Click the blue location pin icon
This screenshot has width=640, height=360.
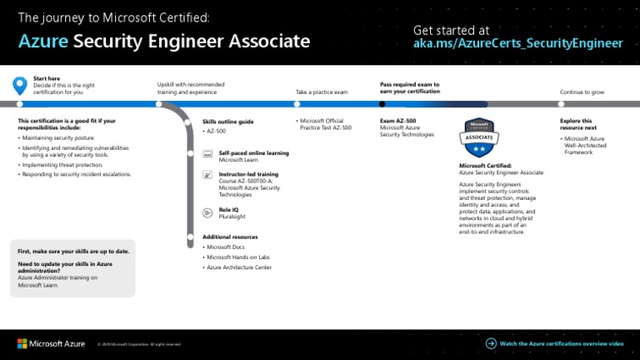20,85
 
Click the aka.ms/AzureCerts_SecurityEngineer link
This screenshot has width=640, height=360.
517,43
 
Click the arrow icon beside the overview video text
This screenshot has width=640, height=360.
491,342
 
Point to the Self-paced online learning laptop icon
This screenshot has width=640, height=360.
207,155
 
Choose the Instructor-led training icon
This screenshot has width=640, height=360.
207,176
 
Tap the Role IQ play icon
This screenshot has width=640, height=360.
207,212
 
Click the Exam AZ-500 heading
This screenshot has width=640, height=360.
397,121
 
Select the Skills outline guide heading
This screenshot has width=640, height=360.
227,122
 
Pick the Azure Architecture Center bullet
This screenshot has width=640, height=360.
238,267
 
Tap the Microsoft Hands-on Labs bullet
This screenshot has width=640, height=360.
239,257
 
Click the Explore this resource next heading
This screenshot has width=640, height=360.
576,124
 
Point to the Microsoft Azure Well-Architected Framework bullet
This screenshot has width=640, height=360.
585,145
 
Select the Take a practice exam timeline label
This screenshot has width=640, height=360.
321,92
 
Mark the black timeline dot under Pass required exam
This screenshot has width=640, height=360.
382,104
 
